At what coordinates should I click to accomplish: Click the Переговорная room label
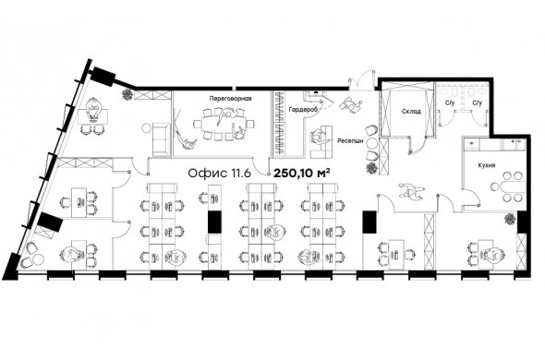(230, 99)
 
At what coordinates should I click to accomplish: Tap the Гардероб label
(303, 110)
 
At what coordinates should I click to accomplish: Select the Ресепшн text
(350, 141)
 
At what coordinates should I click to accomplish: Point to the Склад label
(411, 112)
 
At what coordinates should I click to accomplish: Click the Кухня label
(487, 165)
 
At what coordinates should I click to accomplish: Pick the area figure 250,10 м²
(302, 173)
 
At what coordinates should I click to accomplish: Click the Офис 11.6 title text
(219, 173)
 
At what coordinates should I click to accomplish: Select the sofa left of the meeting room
(160, 139)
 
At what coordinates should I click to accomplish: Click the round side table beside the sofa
(146, 128)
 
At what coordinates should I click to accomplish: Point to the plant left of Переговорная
(127, 94)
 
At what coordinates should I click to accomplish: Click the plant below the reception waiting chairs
(371, 168)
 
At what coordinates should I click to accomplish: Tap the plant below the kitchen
(510, 220)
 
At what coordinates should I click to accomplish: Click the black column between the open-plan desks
(215, 222)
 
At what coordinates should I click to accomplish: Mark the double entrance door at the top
(362, 79)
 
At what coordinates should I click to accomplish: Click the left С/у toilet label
(450, 102)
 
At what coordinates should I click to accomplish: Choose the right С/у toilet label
(478, 102)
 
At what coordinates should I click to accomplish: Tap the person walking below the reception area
(412, 191)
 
